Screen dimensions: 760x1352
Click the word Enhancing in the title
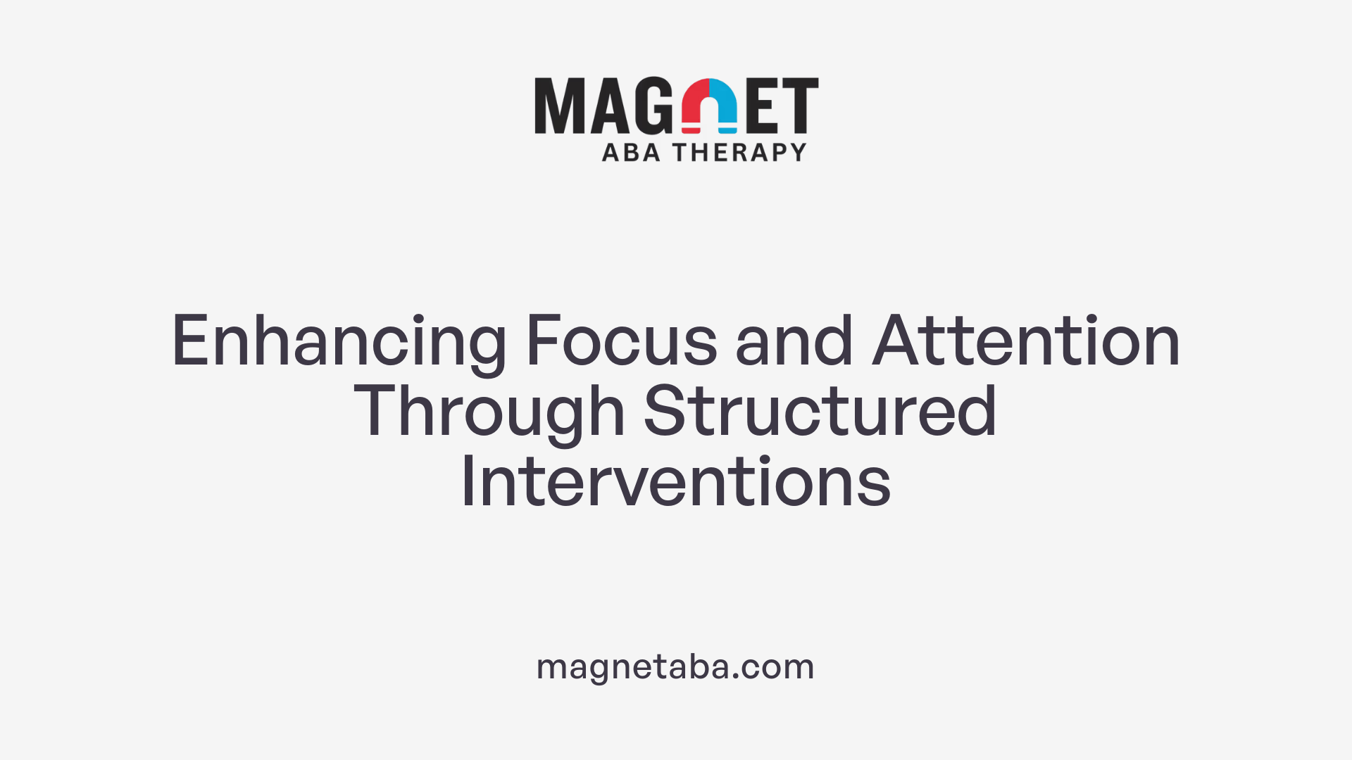[x=339, y=343]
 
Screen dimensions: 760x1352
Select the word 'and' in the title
[x=794, y=341]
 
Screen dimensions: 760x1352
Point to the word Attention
[x=1026, y=341]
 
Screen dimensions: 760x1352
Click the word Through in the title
[x=489, y=413]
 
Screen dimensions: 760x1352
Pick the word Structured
[x=820, y=412]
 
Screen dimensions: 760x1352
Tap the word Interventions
[x=676, y=483]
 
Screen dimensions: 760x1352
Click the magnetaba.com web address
[x=675, y=666]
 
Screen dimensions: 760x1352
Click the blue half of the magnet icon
[x=723, y=106]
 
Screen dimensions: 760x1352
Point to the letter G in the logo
[x=653, y=106]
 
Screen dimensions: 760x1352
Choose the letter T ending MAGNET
[x=800, y=106]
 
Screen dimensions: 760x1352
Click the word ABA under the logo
[x=631, y=153]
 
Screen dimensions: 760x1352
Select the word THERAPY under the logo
[x=739, y=153]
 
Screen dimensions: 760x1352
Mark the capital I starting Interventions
[x=466, y=483]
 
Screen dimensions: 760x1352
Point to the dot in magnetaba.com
[x=735, y=676]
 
